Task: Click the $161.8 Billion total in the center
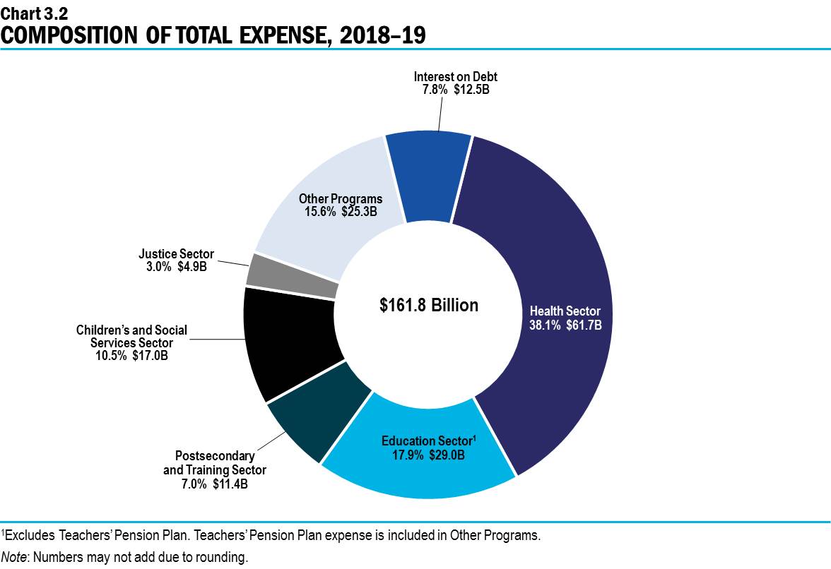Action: pyautogui.click(x=428, y=305)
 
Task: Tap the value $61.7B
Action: pyautogui.click(x=584, y=325)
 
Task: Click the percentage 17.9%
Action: pyautogui.click(x=406, y=455)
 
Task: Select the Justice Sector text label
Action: pyautogui.click(x=176, y=254)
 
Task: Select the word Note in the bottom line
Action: pyautogui.click(x=14, y=557)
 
